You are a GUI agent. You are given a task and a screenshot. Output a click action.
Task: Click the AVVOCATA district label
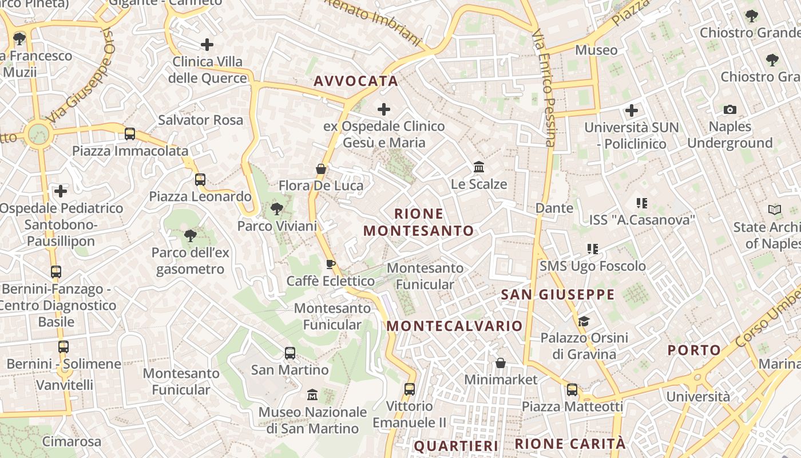tap(355, 81)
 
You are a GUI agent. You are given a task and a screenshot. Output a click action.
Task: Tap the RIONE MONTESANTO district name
tap(419, 222)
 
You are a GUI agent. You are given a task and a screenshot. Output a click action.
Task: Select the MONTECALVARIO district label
tap(455, 326)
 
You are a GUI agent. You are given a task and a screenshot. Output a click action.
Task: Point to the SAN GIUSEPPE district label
tap(557, 295)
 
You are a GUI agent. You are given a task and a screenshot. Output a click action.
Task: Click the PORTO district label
tap(695, 350)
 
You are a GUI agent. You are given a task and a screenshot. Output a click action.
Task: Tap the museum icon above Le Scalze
tap(479, 167)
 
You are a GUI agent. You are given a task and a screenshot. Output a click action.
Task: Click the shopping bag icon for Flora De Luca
tap(321, 169)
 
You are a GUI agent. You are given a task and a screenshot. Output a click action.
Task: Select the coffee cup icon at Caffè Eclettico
tap(330, 264)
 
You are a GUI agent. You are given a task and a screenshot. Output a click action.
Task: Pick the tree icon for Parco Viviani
tap(277, 209)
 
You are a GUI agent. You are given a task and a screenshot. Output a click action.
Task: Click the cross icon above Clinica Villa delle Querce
tap(207, 44)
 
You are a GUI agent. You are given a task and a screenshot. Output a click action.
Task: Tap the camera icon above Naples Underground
tap(730, 109)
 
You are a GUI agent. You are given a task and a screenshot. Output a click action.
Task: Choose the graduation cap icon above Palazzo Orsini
tap(584, 321)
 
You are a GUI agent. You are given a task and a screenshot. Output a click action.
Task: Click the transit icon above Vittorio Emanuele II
tap(409, 389)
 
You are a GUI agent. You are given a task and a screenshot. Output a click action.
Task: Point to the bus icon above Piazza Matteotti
tap(572, 390)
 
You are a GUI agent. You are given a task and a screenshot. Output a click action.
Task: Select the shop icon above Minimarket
tap(501, 363)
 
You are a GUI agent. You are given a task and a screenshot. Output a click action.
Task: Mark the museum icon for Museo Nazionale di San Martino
tap(312, 395)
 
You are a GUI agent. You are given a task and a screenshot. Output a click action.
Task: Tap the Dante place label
tap(554, 208)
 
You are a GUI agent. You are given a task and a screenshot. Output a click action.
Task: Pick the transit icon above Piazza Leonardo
tap(200, 180)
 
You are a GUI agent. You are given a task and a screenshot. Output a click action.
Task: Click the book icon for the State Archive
tap(775, 210)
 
